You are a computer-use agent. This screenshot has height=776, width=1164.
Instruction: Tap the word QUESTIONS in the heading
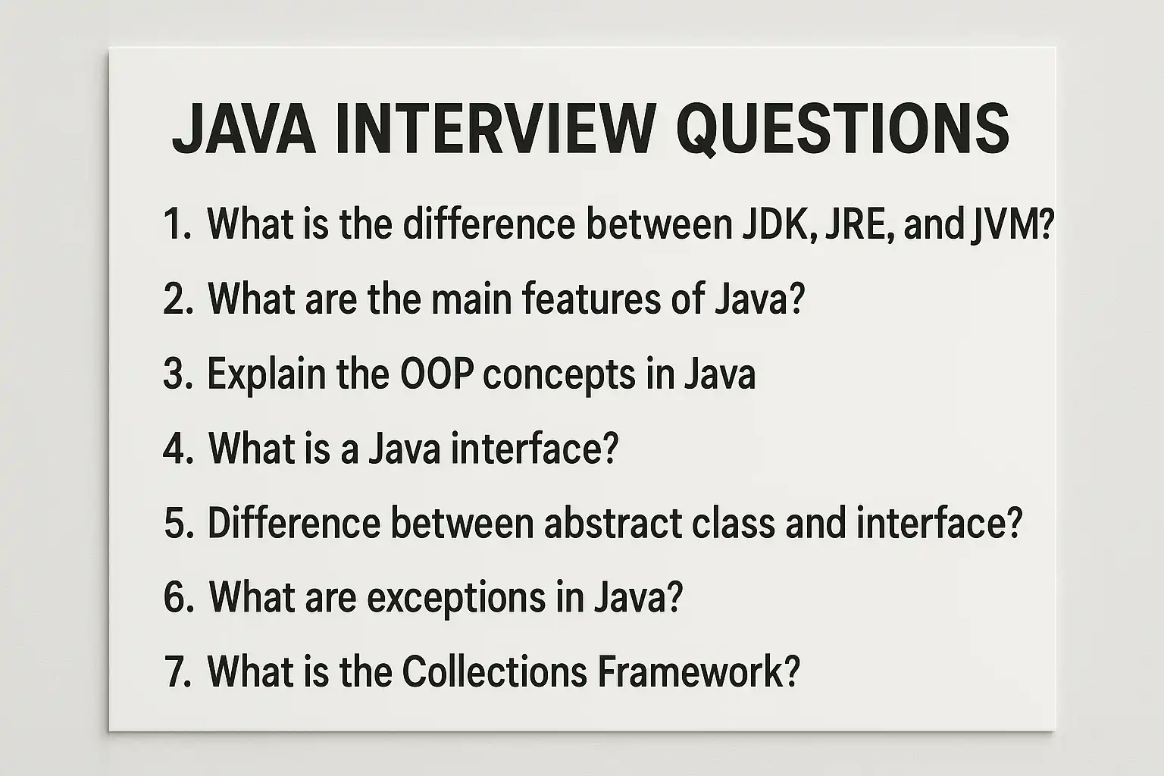coord(843,129)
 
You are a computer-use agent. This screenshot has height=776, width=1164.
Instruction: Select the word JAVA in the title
coord(244,128)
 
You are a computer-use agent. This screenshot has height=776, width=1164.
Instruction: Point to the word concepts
coord(559,376)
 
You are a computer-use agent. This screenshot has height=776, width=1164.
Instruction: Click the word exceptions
coord(456,599)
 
